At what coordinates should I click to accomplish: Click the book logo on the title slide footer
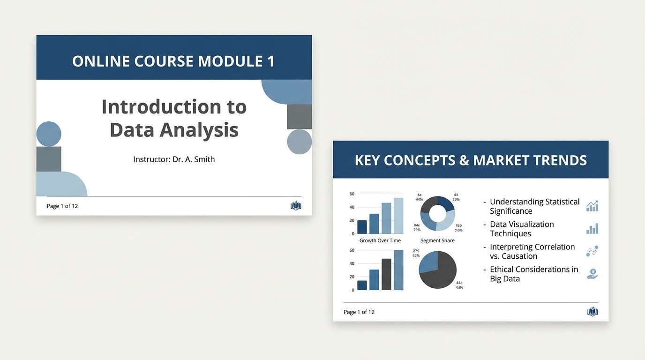(x=296, y=206)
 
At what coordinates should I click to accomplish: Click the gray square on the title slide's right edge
(x=299, y=117)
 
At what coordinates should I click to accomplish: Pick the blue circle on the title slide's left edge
(x=49, y=134)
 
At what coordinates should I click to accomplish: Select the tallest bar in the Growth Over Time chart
(x=398, y=216)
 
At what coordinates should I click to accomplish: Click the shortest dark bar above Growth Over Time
(x=362, y=227)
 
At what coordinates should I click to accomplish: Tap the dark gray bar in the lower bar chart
(x=386, y=274)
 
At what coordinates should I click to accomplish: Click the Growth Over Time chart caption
(x=380, y=240)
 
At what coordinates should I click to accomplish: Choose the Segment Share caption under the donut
(x=437, y=240)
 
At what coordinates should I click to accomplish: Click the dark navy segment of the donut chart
(x=446, y=203)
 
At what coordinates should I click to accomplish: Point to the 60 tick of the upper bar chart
(x=352, y=194)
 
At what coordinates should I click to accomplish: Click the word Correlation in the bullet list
(x=553, y=247)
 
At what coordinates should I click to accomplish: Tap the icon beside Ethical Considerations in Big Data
(x=592, y=274)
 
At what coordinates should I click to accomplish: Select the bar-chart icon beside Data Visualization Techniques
(x=592, y=229)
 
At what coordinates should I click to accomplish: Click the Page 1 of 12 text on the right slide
(x=359, y=312)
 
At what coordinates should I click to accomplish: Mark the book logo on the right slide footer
(x=592, y=312)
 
